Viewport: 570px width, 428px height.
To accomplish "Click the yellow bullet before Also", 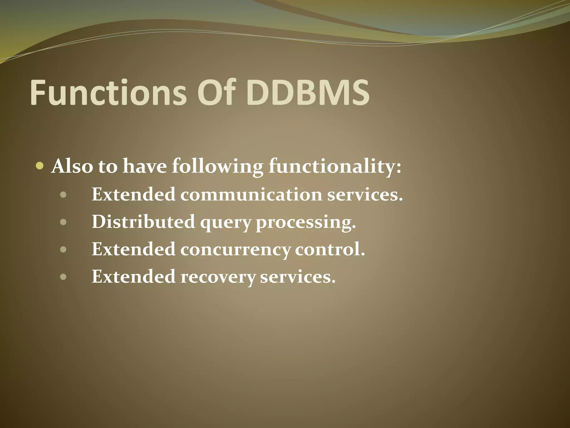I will tap(40, 166).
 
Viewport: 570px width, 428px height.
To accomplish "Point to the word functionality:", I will tap(335, 167).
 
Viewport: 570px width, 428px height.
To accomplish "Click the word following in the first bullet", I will tap(217, 167).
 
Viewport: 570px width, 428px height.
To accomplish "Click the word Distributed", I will tap(143, 222).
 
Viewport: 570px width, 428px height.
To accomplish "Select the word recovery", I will tap(218, 277).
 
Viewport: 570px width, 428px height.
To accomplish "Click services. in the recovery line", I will tap(298, 277).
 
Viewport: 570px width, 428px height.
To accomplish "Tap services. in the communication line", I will tap(365, 194).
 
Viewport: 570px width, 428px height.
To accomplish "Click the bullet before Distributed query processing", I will tap(63, 222).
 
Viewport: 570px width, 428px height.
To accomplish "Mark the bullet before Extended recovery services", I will tap(63, 277).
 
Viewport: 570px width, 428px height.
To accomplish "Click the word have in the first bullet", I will tap(145, 167).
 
